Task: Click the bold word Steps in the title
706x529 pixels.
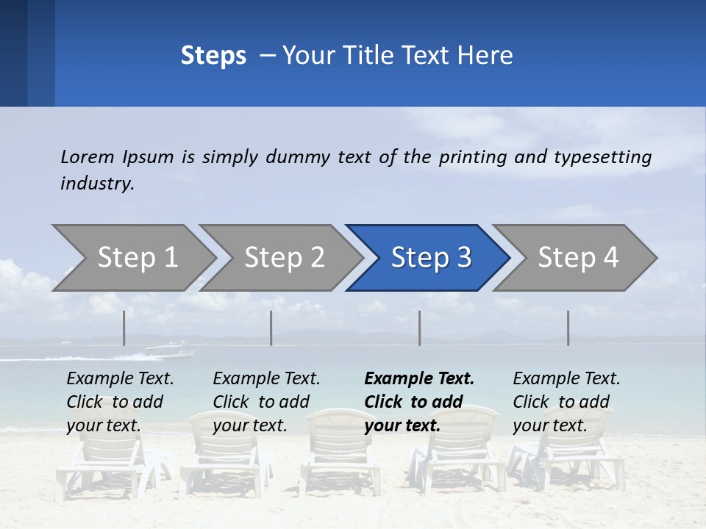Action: tap(213, 56)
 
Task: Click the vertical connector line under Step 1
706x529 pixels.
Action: tap(124, 328)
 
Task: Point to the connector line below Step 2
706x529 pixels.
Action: tap(271, 328)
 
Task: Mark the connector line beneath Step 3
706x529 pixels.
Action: tap(420, 328)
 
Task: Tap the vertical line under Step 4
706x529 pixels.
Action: tap(568, 328)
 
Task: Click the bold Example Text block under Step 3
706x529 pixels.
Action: tap(419, 402)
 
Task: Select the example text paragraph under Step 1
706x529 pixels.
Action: tap(120, 402)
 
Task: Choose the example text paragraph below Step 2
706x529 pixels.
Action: tap(266, 402)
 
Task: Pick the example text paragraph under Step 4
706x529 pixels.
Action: tap(566, 402)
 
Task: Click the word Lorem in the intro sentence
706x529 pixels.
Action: tap(88, 157)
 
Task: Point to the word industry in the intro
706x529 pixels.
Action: tap(97, 184)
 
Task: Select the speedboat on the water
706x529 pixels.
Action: tap(170, 351)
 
